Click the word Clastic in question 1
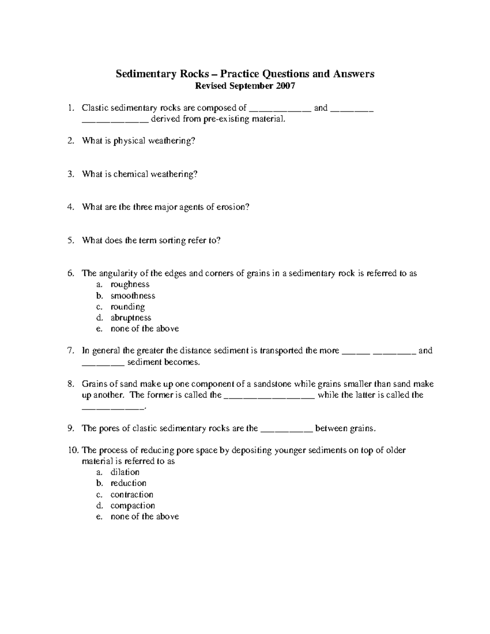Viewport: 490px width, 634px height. click(x=94, y=108)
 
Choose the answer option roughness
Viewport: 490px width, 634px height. click(x=130, y=285)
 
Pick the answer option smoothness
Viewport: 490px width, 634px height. click(x=133, y=296)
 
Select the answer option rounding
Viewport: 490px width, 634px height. click(x=127, y=307)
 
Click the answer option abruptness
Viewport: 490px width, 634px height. click(x=131, y=318)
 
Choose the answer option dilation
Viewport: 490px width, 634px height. click(x=125, y=472)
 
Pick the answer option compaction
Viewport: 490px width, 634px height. click(x=133, y=506)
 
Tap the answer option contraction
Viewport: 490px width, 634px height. click(x=132, y=495)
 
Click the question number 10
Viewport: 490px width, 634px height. click(x=73, y=451)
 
